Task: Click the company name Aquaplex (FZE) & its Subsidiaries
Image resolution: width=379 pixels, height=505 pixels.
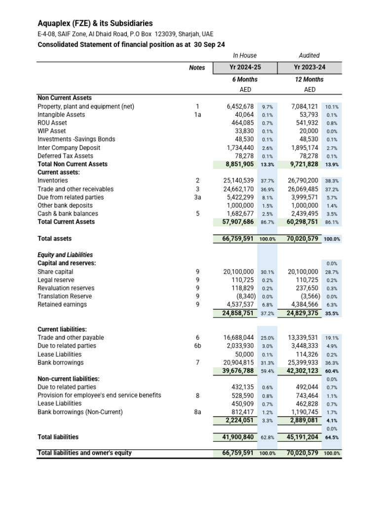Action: [x=95, y=23]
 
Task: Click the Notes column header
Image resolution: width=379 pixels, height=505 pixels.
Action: [x=197, y=68]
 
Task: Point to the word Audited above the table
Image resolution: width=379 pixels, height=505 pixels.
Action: [x=309, y=56]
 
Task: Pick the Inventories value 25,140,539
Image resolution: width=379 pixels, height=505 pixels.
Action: [x=239, y=181]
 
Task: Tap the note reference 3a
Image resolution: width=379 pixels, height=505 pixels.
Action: [x=197, y=197]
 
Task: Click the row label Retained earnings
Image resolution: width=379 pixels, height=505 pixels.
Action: [x=62, y=305]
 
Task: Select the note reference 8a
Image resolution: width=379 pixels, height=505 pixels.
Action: [x=197, y=412]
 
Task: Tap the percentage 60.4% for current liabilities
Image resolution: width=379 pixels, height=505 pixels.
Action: [x=332, y=371]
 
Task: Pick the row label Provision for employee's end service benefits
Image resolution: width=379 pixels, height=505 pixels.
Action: [x=99, y=396]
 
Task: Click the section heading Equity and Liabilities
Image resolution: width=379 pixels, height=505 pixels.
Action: [x=65, y=255]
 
